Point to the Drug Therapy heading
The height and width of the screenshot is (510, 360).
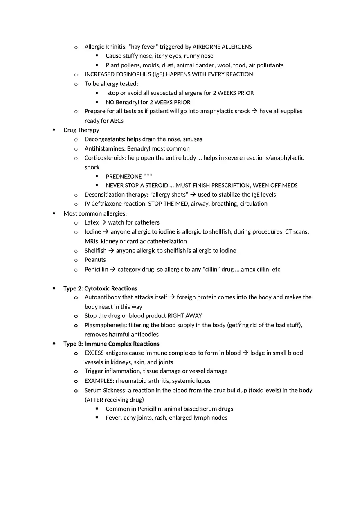(81, 130)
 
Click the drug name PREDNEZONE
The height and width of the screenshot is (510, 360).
(124, 177)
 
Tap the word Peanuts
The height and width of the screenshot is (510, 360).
(95, 260)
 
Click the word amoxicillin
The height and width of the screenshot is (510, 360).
(255, 269)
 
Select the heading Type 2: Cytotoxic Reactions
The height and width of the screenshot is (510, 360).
(100, 288)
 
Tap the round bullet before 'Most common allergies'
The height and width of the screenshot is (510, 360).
(54, 213)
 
